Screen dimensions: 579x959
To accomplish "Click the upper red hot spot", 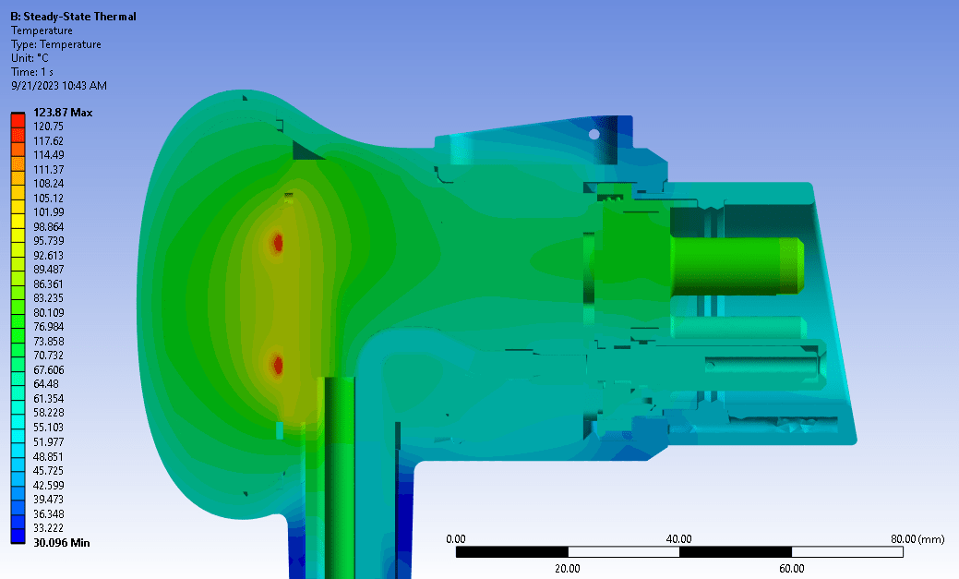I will coord(277,244).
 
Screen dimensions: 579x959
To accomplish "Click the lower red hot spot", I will coord(277,365).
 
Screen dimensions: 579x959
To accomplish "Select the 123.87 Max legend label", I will coord(63,113).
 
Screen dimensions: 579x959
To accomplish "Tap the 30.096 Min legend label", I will coord(62,543).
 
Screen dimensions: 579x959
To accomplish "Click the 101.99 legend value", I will coord(49,212).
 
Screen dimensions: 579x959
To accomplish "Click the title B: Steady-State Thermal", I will coord(73,17).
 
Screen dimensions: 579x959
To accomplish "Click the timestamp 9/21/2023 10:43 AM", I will coord(59,86).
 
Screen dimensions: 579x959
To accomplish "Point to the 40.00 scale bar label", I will coord(679,538).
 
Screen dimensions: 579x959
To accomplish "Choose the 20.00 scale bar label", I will coord(567,569).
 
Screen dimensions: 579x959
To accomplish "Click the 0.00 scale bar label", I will coord(455,538).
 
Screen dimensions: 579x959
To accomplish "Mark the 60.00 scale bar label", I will coord(791,569).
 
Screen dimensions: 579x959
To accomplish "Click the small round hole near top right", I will coord(594,134).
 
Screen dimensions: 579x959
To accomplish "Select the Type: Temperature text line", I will coord(56,44).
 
